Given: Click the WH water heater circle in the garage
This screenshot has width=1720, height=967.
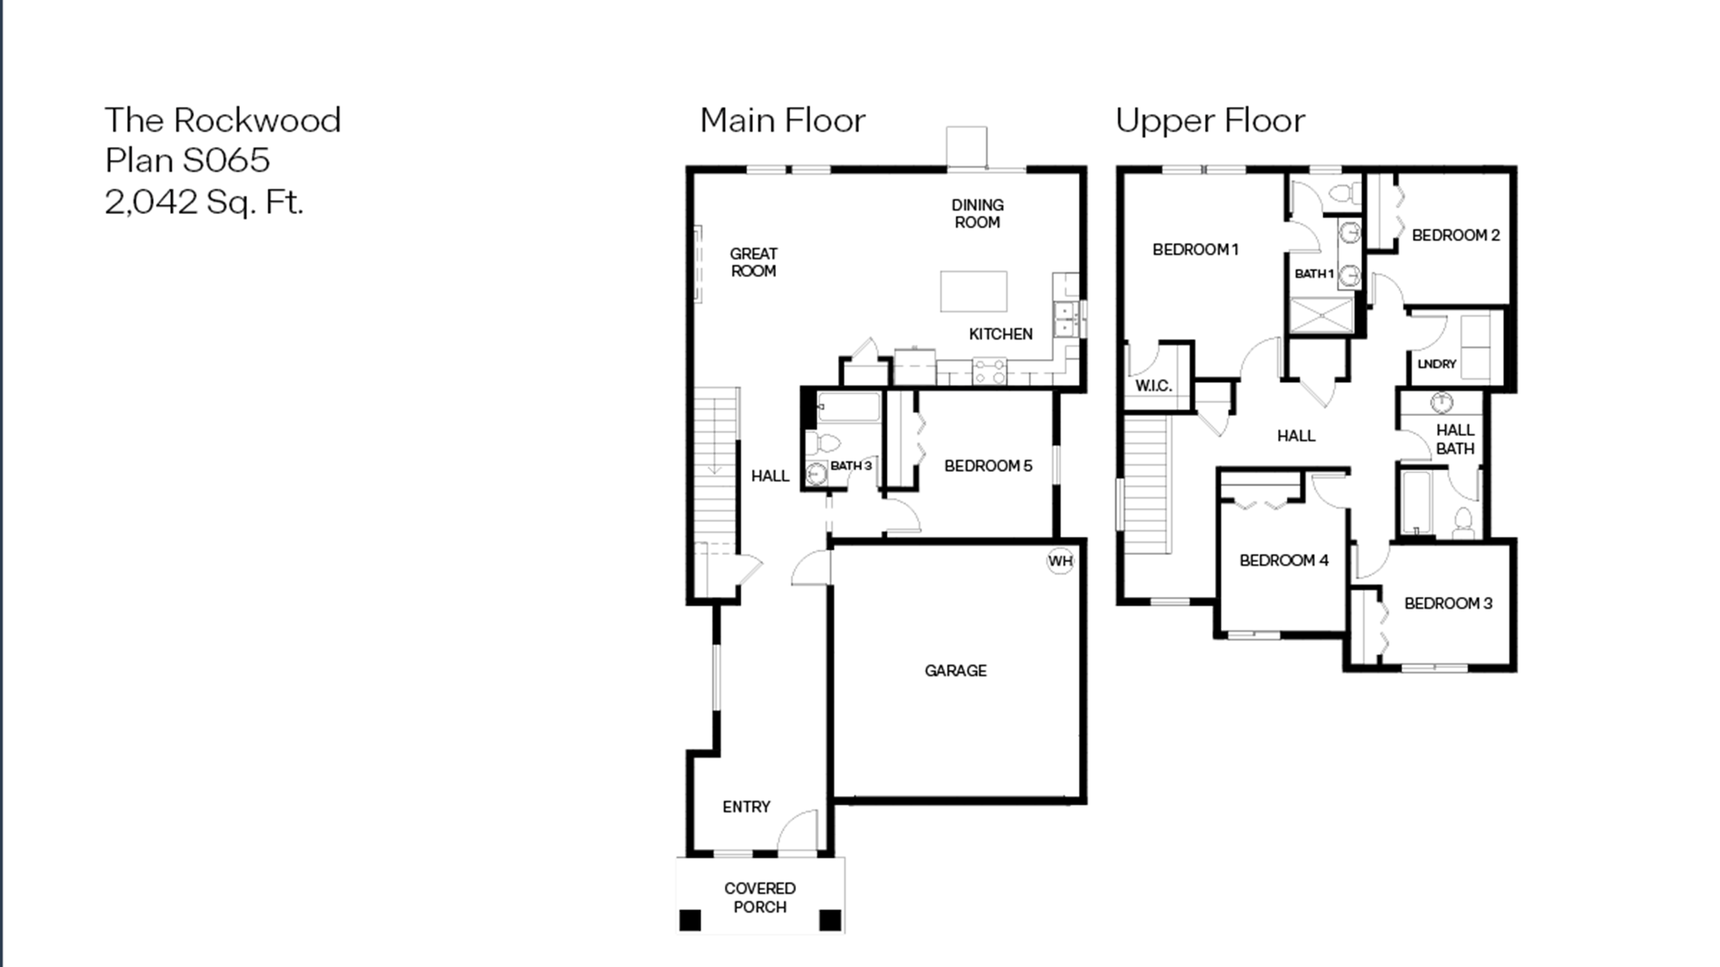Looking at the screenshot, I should pos(1060,561).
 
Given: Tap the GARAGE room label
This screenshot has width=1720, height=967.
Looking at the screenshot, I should pos(955,671).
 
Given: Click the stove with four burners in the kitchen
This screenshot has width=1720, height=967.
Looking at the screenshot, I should pos(989,372).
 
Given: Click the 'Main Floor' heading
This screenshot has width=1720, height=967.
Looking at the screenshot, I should pos(783,121).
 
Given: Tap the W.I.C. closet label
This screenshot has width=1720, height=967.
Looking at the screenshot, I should pos(1153,386).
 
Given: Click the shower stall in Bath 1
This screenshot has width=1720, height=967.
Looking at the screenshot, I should pos(1322,316).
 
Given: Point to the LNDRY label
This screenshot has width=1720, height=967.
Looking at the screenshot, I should pos(1436,364).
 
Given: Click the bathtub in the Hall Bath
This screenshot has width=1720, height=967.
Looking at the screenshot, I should pos(1416,503).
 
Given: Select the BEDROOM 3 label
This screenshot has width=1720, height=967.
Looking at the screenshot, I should pos(1448,603).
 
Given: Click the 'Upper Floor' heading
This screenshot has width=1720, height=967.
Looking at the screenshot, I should pos(1210,121).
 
